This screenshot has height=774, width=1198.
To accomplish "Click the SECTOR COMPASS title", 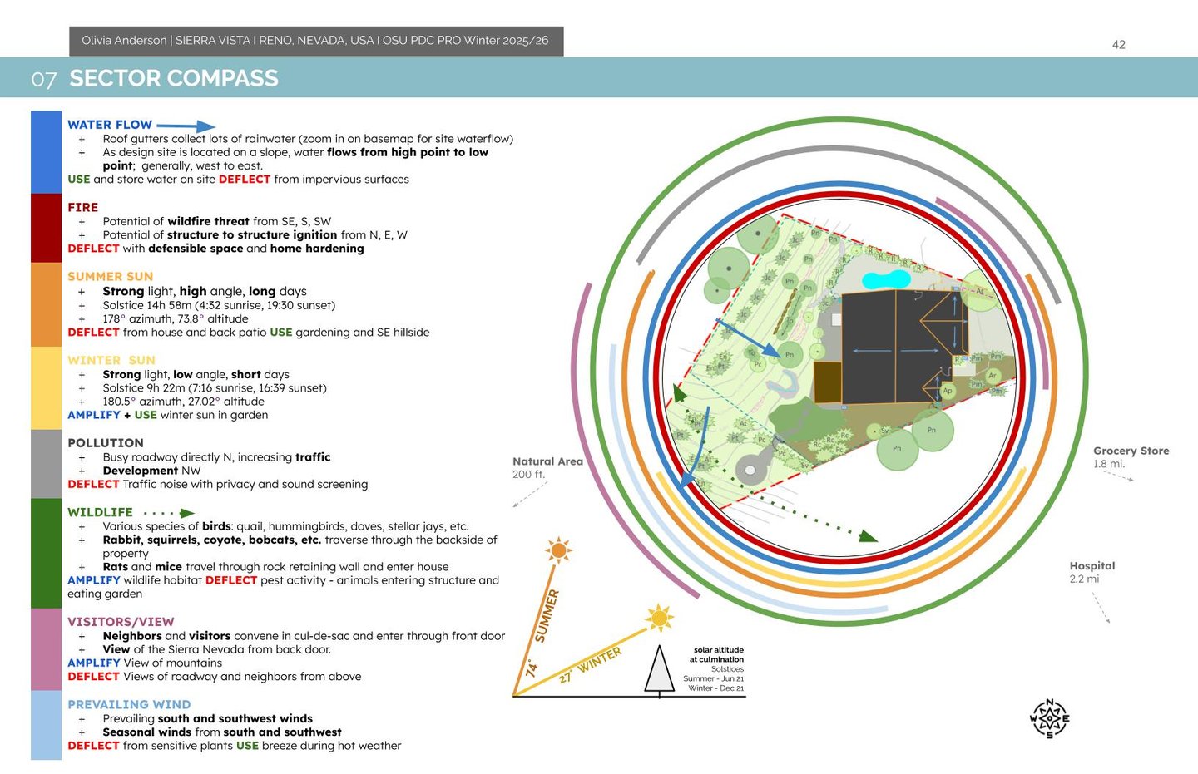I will click(x=173, y=78).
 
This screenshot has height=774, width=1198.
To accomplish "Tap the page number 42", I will click(x=1119, y=45).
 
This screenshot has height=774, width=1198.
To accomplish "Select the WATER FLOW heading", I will click(x=110, y=125).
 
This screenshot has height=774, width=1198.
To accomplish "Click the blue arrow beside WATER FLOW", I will click(x=186, y=126).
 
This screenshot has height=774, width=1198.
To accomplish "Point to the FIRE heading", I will click(x=82, y=207).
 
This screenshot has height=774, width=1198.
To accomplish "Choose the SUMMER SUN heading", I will click(x=110, y=276).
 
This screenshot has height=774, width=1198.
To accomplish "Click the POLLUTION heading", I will click(x=105, y=443).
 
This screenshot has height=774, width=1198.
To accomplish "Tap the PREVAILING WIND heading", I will click(x=129, y=704).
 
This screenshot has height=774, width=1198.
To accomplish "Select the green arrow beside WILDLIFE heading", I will click(x=187, y=513).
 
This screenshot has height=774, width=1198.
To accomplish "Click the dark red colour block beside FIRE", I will click(x=46, y=228).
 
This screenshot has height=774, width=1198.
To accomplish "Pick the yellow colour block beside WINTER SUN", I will click(x=46, y=387).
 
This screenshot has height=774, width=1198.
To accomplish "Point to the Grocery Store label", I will click(x=1131, y=451).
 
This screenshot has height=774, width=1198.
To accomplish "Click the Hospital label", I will click(x=1092, y=566).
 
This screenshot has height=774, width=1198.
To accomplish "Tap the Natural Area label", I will click(x=547, y=461).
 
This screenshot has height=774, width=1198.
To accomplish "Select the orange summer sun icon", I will click(x=558, y=550).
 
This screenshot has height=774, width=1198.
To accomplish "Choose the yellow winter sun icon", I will click(x=660, y=618).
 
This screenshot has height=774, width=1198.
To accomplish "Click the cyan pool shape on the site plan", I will click(x=886, y=279).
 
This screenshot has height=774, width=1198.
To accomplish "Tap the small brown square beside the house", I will click(x=827, y=382).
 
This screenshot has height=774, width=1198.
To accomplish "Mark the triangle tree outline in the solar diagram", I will click(x=660, y=670).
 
